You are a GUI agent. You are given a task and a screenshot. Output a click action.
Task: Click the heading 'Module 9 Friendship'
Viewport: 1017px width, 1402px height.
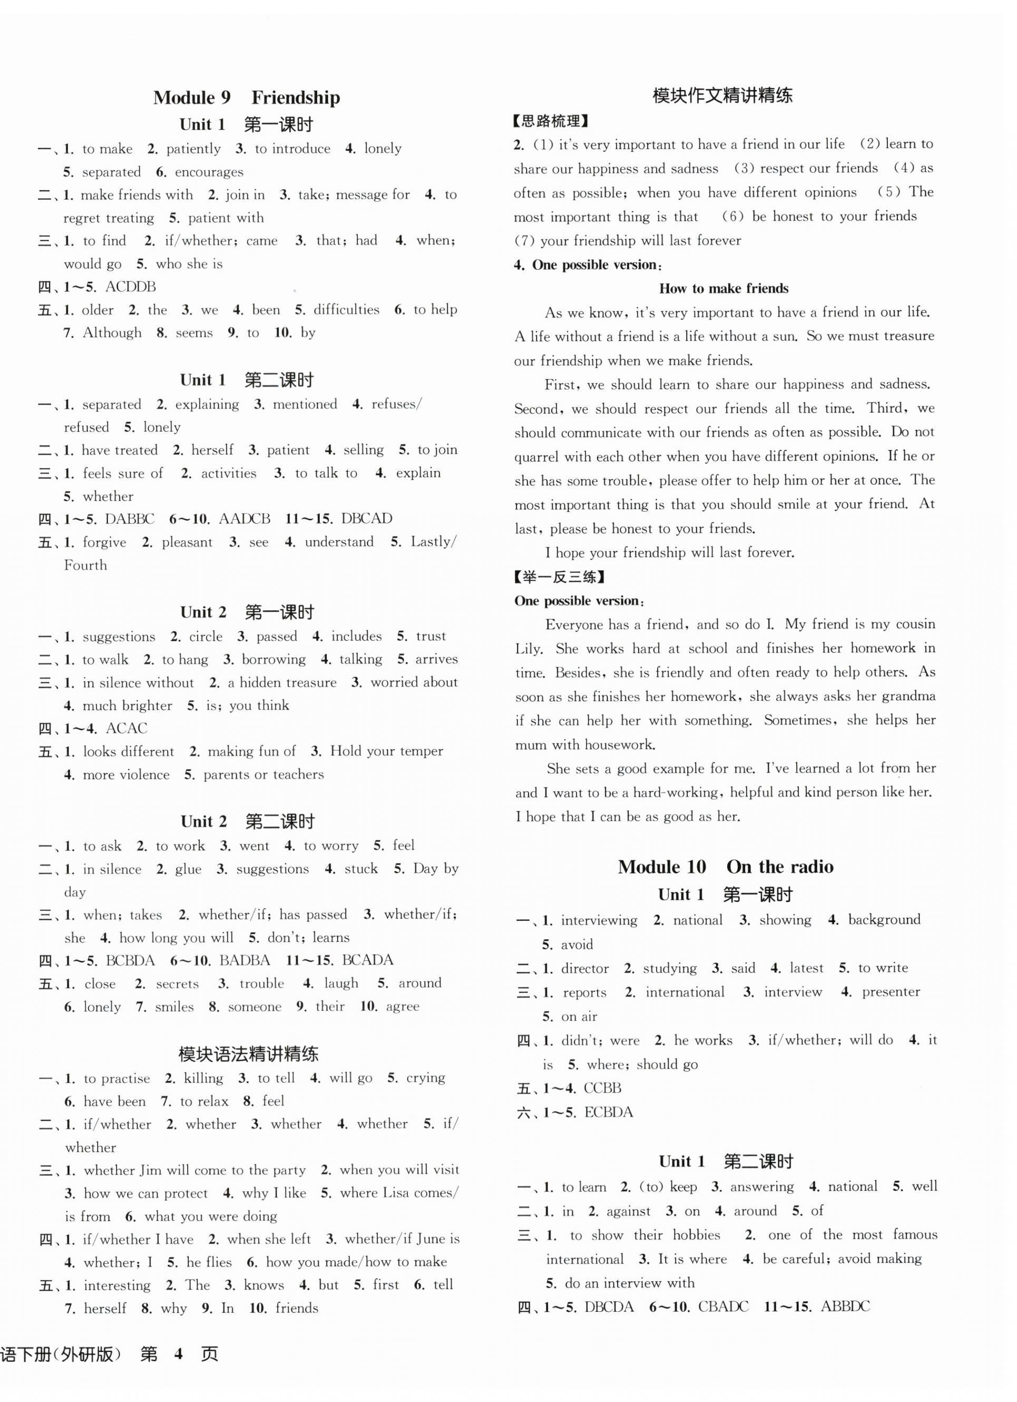coord(246,98)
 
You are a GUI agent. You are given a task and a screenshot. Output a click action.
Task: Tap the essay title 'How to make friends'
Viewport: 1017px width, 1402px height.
coord(723,289)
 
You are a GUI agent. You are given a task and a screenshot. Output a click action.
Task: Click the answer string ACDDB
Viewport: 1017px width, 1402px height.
coord(130,287)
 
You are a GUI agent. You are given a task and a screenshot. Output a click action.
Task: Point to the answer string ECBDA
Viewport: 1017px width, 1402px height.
coord(609,1113)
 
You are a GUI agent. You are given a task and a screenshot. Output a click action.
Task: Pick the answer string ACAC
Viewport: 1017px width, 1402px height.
coord(126,728)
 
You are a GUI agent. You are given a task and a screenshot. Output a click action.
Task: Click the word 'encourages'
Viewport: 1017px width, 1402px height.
coord(209,172)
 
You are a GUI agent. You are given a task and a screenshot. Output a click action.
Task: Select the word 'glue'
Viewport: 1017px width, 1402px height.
coord(188,869)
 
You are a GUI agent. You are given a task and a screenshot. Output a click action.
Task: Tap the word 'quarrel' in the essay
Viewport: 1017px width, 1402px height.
coord(536,457)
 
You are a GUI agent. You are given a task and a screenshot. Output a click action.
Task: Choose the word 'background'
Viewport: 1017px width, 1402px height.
coord(884,920)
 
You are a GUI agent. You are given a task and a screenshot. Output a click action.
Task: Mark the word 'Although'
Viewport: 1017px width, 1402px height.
coord(112,333)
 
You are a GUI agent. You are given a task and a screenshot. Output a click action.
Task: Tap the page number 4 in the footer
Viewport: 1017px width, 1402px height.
coord(179,1355)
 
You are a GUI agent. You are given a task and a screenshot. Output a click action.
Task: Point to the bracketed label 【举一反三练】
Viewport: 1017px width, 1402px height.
coord(559,577)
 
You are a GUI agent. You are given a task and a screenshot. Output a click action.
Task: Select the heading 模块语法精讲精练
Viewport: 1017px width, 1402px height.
coord(248,1054)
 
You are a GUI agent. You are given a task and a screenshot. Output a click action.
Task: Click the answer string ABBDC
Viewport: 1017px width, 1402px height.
coord(845,1307)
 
